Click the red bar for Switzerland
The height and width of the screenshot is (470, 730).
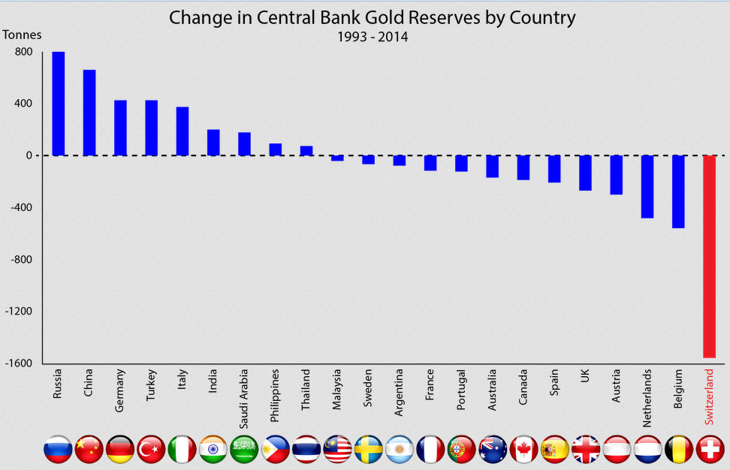coord(709,256)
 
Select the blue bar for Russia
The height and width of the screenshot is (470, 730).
coord(58,104)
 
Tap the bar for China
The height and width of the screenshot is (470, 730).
coord(89,113)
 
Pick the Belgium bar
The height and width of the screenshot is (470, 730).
coord(678,191)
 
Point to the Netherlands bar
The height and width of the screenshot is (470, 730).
coord(647,186)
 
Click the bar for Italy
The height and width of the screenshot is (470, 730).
coord(182,131)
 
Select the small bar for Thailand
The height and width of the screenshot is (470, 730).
coord(306,150)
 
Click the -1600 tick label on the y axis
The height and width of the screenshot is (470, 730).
coord(19,363)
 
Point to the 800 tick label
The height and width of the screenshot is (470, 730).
coord(23,52)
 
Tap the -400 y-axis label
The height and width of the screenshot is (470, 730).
coord(20,208)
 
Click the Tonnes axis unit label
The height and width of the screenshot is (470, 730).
coord(23,35)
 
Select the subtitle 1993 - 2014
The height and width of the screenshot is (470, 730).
coord(373,36)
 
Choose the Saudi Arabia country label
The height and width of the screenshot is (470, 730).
coord(244,390)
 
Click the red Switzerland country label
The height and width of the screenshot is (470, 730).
coord(709,395)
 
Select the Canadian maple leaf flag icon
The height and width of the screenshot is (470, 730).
coord(523,449)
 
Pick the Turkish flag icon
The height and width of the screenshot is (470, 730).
coord(151,449)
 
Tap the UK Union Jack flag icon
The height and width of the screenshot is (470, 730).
coord(586,449)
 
